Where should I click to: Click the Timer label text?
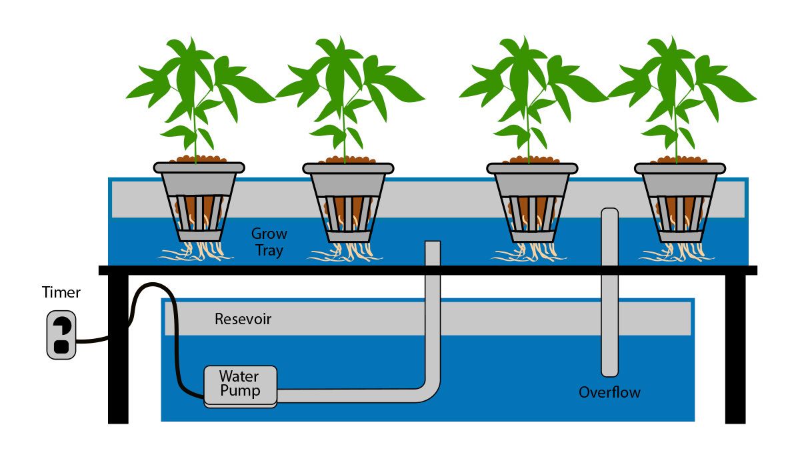coord(61,292)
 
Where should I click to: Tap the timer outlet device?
coord(61,335)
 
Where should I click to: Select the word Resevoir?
coord(243,320)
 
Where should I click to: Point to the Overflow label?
coord(609,392)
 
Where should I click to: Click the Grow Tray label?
coord(269,242)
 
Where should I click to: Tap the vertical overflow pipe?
coord(609,294)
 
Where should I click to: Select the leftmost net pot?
coord(199,200)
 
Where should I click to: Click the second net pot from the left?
coord(347,200)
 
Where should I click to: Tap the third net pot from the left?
coord(531,200)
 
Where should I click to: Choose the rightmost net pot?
coord(679,200)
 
